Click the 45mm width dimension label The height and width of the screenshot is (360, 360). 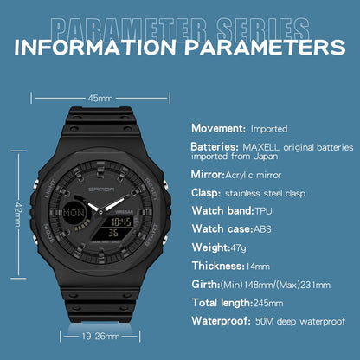point(100,99)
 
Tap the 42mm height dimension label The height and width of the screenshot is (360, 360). point(18,215)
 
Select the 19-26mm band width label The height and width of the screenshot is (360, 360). point(100,337)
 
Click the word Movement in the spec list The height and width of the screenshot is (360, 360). point(218,128)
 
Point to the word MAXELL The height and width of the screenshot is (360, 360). point(260,147)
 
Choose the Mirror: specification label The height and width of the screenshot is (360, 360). point(208,175)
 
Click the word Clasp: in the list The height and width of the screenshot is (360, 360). point(206,193)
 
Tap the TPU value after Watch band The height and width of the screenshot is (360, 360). point(263,211)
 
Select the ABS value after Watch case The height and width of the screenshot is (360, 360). point(262,229)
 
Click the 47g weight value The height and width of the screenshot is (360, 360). point(238,248)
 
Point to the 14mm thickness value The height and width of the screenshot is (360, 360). point(258,267)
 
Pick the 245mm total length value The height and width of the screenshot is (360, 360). point(268,303)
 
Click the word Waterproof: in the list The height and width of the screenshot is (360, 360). point(222,321)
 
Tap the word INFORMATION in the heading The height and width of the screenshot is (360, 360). point(95,47)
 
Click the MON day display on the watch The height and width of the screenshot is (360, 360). point(74,213)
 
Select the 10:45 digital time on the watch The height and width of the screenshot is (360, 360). point(122,222)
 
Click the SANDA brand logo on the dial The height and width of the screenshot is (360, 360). point(101,190)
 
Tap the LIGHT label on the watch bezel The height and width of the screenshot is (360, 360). point(50,189)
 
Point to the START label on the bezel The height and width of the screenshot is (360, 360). point(151,235)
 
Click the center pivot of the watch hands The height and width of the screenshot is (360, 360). point(100,213)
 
